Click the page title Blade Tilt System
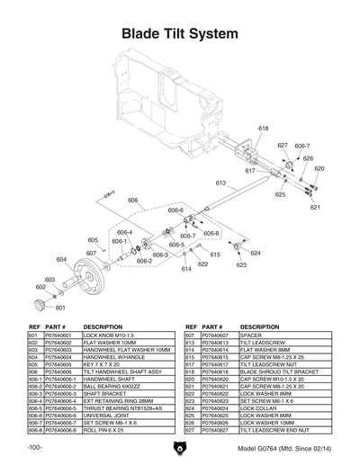click(x=180, y=34)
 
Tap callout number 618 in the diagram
click(x=263, y=129)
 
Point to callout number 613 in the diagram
click(x=220, y=183)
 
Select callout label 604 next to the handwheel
click(x=61, y=259)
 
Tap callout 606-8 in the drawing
click(x=211, y=233)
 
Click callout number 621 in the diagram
click(x=315, y=207)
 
